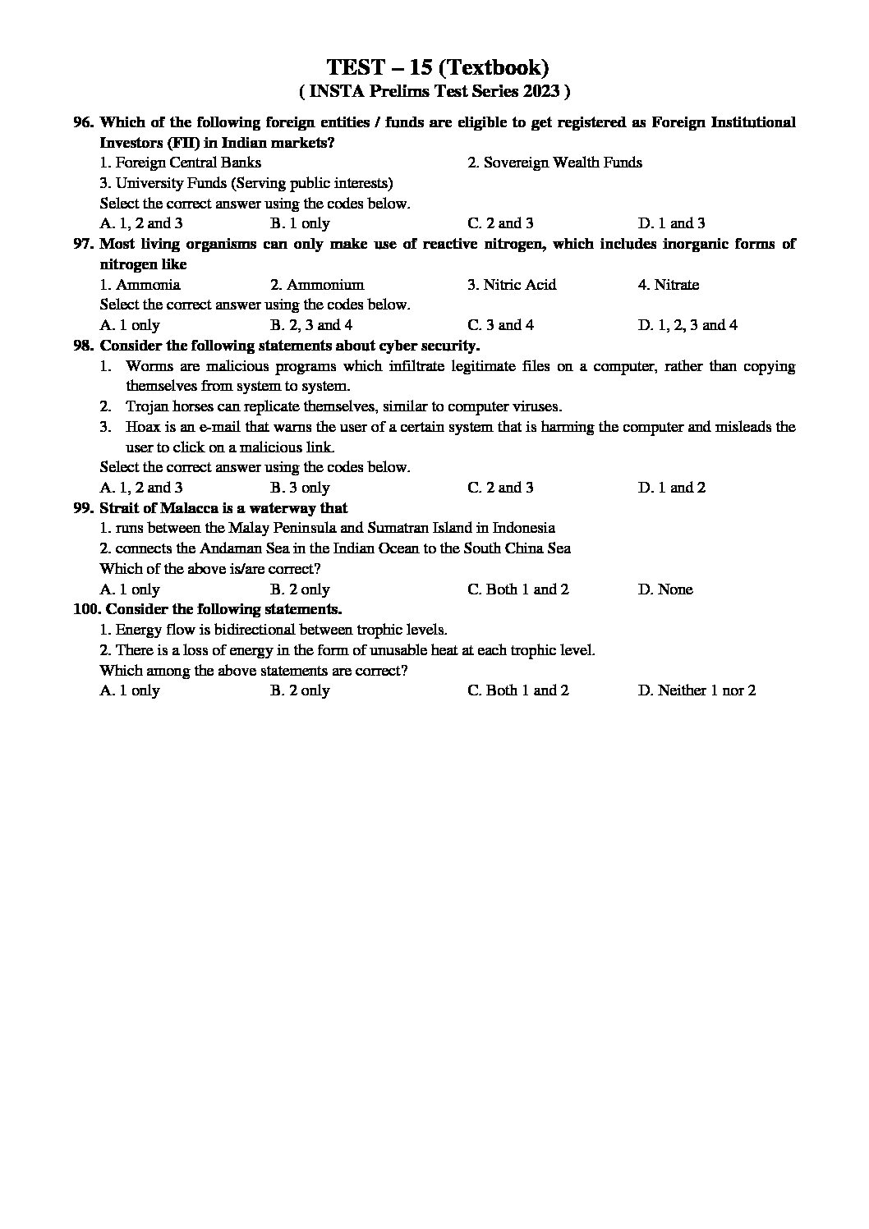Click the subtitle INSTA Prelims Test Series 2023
pyautogui.click(x=435, y=91)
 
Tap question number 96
pyautogui.click(x=84, y=122)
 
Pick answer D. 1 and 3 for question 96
pyautogui.click(x=671, y=223)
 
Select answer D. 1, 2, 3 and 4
pyautogui.click(x=687, y=325)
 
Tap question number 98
pyautogui.click(x=84, y=346)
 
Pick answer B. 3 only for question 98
pyautogui.click(x=300, y=488)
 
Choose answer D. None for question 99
pyautogui.click(x=664, y=589)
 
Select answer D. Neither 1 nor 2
pyautogui.click(x=697, y=690)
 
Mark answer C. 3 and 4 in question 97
pyautogui.click(x=500, y=325)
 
